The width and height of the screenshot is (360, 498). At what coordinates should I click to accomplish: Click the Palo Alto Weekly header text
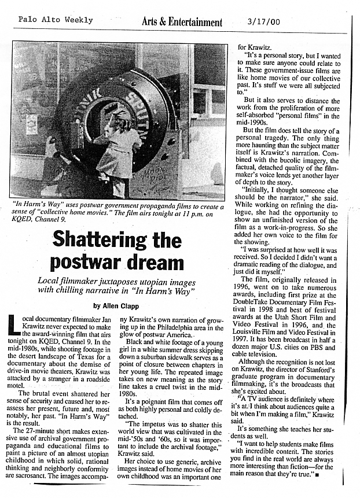pyautogui.click(x=56, y=20)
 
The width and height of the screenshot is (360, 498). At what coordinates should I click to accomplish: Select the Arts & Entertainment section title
pyautogui.click(x=182, y=22)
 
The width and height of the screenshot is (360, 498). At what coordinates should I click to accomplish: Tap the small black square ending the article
pyautogui.click(x=319, y=475)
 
